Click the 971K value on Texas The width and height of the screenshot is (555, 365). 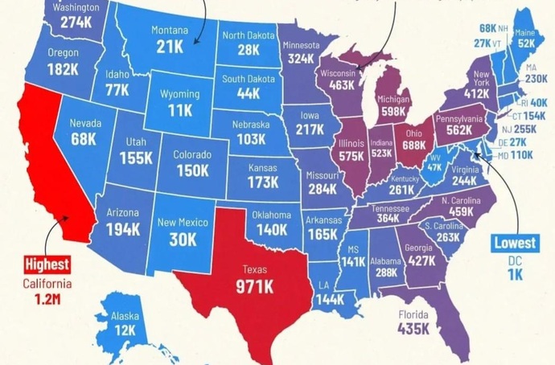253,286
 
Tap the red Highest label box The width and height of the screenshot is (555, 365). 46,264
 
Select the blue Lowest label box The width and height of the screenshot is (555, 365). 515,242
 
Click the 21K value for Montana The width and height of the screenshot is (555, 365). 170,47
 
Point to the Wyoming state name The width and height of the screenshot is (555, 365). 179,94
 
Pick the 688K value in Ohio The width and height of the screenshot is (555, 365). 413,146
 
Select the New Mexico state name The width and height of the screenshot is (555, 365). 183,223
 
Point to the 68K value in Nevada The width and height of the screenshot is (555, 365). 84,140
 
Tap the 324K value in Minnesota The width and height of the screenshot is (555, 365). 302,59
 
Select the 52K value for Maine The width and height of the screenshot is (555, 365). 526,43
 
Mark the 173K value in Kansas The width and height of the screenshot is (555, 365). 262,182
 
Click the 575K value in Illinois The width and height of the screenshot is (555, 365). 351,157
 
